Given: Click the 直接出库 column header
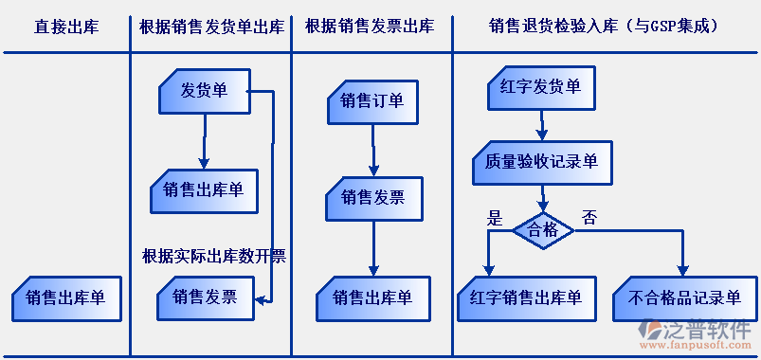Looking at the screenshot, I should pos(65,27).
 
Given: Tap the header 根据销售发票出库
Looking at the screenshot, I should pos(370,27).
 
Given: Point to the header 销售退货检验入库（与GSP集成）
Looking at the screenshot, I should pos(604,27).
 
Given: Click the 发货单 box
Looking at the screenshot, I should pos(204,91).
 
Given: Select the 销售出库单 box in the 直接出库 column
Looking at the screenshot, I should pos(65,298).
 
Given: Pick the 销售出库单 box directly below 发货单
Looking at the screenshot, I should pos(204,189).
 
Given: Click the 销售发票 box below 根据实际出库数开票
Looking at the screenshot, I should pos(205,297).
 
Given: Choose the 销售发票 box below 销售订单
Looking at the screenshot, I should pos(373,197).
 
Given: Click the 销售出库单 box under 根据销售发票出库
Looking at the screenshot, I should pos(372,297).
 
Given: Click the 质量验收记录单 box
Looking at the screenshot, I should pos(541,162).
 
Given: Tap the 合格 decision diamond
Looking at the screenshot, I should pos(543,230).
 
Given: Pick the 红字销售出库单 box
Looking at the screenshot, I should pos(526,297).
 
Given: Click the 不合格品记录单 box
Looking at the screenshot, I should pos(684,297).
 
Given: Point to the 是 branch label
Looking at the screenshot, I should pos(494,218).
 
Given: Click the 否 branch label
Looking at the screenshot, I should pos(589,218).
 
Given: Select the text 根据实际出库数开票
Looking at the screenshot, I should pos(213,255).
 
